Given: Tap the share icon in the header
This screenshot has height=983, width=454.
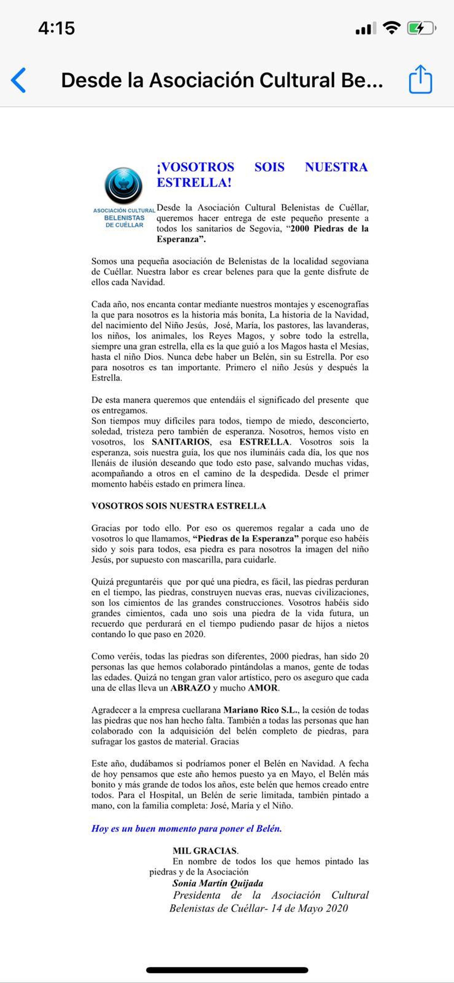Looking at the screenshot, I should point(421,79).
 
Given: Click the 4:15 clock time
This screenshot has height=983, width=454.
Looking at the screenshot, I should point(56,28).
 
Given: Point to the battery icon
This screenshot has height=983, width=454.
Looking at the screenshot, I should point(421,28).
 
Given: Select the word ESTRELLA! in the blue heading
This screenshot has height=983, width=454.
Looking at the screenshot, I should point(194,183).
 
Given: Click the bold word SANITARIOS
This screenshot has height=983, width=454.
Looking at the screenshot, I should point(181,442).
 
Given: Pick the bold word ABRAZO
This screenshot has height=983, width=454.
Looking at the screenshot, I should point(190,688).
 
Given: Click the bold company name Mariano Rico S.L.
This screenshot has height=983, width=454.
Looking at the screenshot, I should point(262,710).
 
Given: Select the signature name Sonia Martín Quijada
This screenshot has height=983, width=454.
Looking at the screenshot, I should point(217,883).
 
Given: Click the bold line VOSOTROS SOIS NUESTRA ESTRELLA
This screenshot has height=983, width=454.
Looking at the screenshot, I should point(178,506).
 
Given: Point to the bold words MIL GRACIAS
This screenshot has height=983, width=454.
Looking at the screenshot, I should point(205,850).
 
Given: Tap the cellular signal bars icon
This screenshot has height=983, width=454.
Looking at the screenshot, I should point(365,28).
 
